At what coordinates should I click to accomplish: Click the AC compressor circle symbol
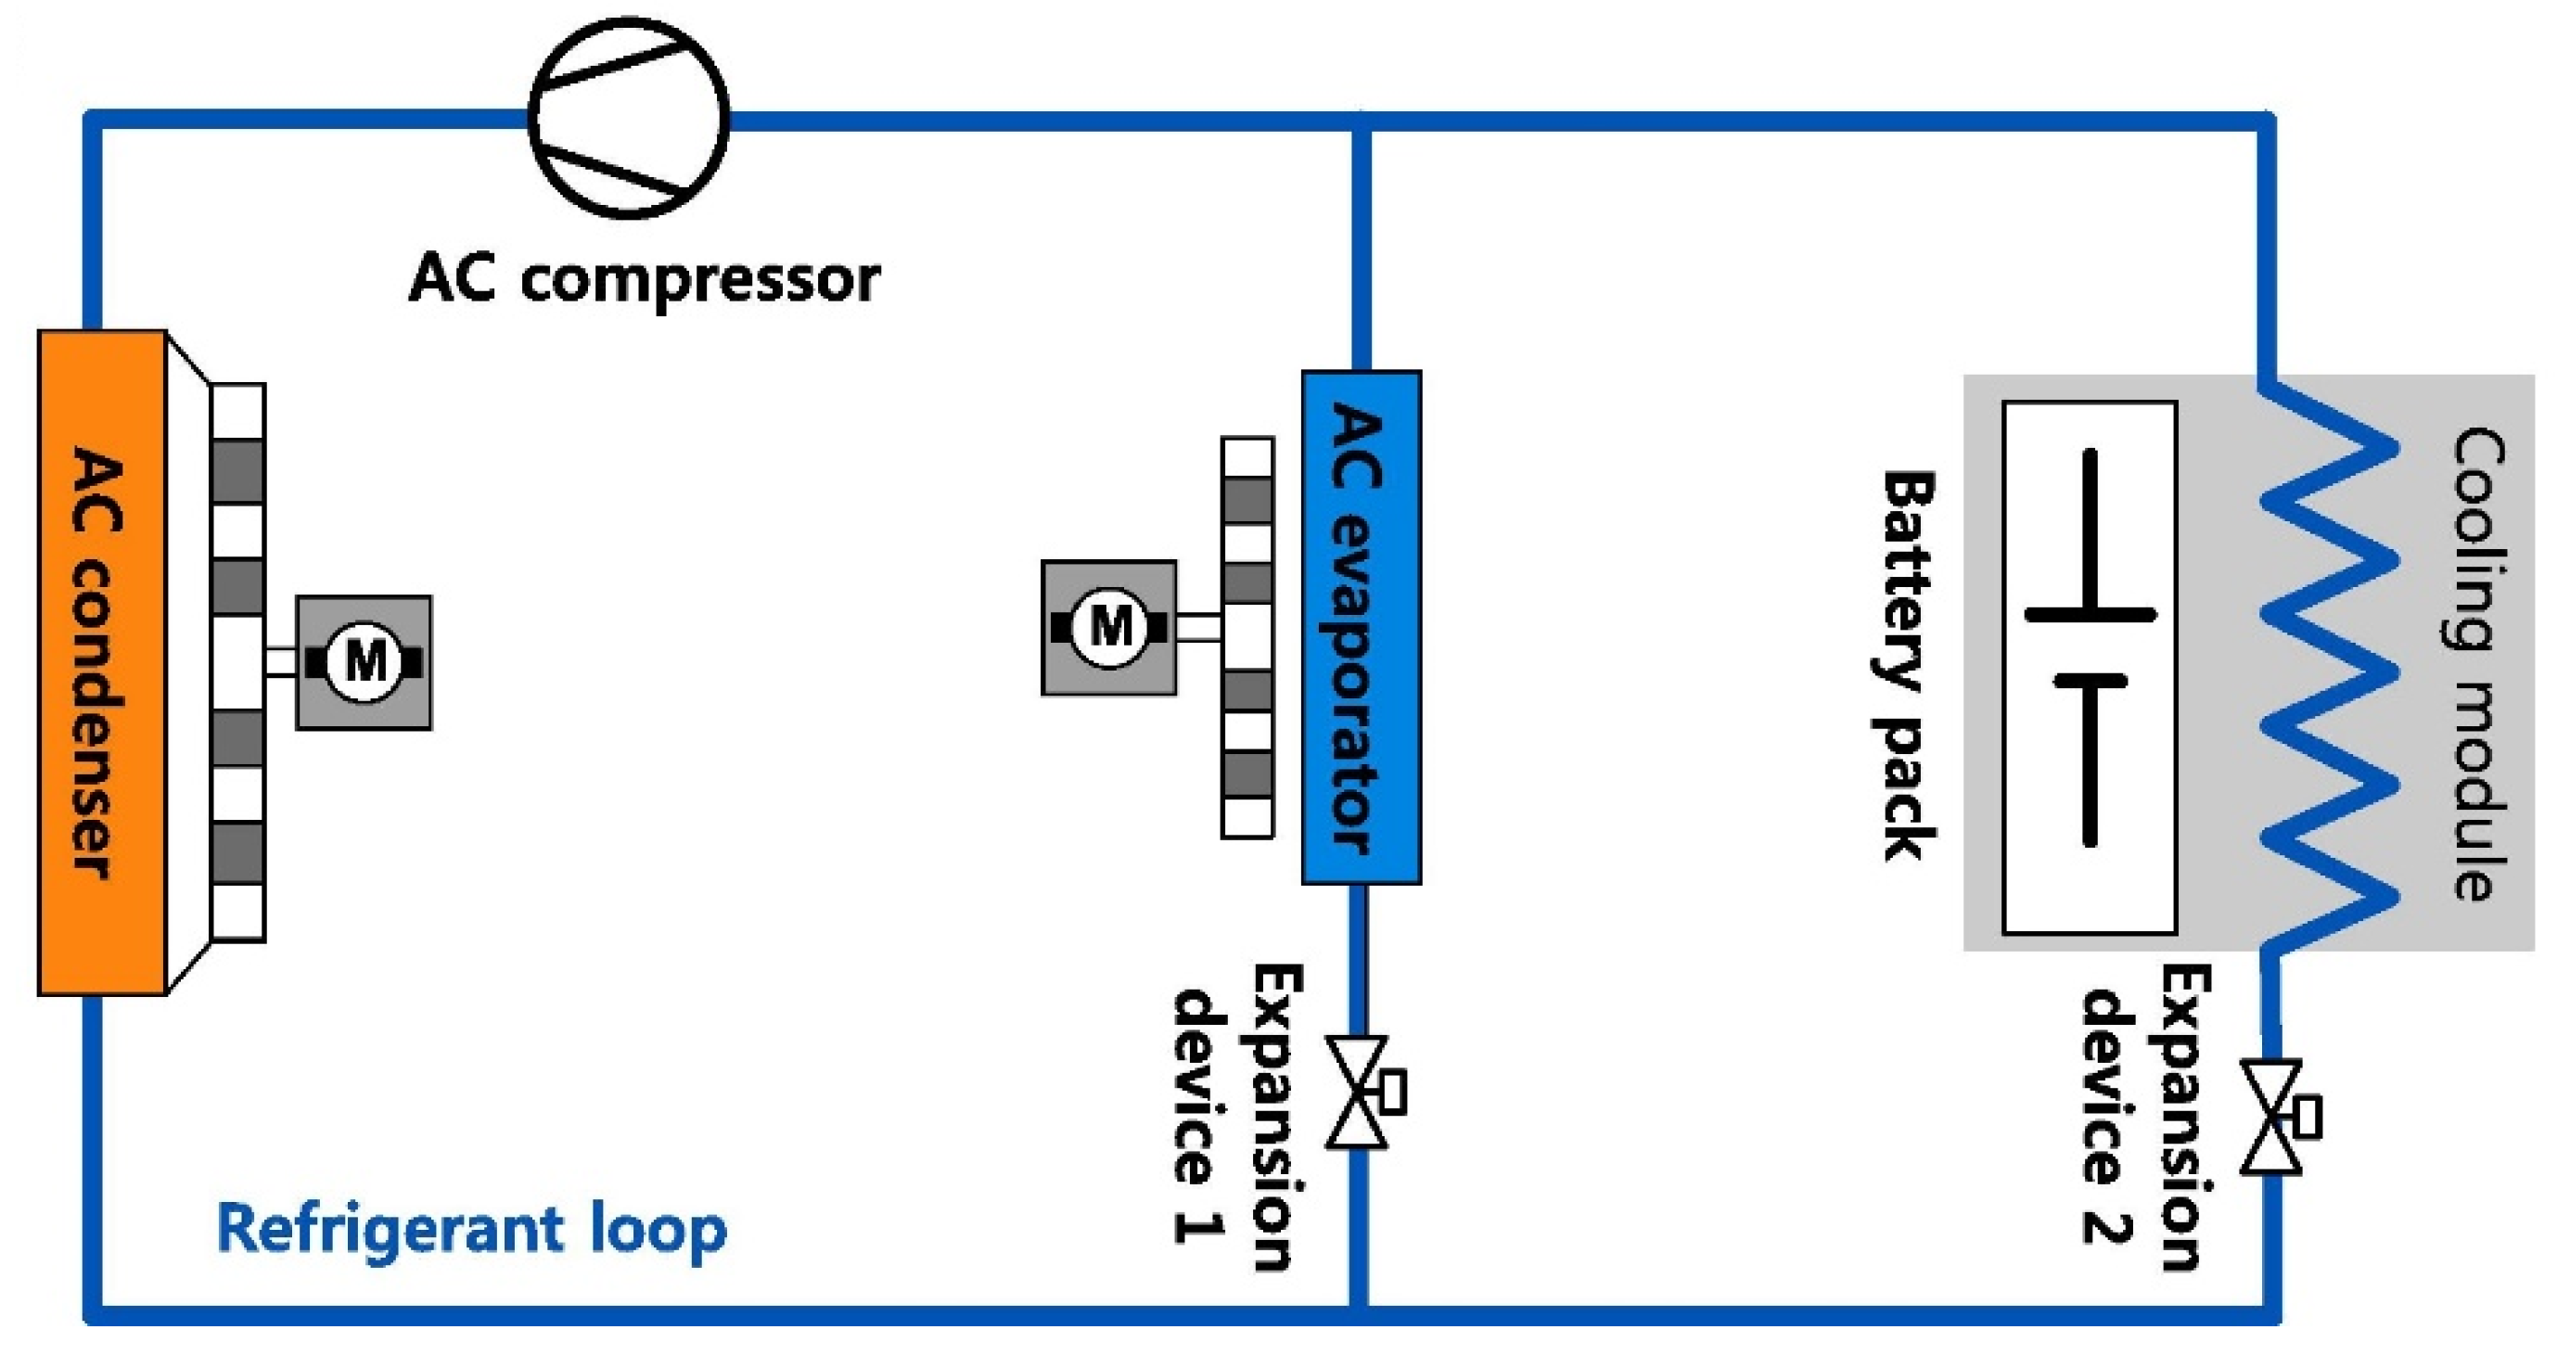pos(629,117)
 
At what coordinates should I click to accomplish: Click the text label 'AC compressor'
pos(645,278)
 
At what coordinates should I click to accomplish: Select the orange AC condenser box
pos(101,662)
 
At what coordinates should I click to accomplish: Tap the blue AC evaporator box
pos(1361,627)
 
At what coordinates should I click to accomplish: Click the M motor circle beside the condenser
pos(365,661)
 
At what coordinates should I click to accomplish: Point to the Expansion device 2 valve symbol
pos(2270,1117)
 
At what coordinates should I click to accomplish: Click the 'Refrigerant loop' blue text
pos(471,1228)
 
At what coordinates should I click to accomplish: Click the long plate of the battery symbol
pos(2091,615)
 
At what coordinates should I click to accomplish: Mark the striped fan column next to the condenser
pos(238,662)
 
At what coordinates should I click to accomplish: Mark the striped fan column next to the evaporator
pos(1247,637)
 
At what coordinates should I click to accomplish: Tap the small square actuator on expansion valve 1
pos(1392,1092)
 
